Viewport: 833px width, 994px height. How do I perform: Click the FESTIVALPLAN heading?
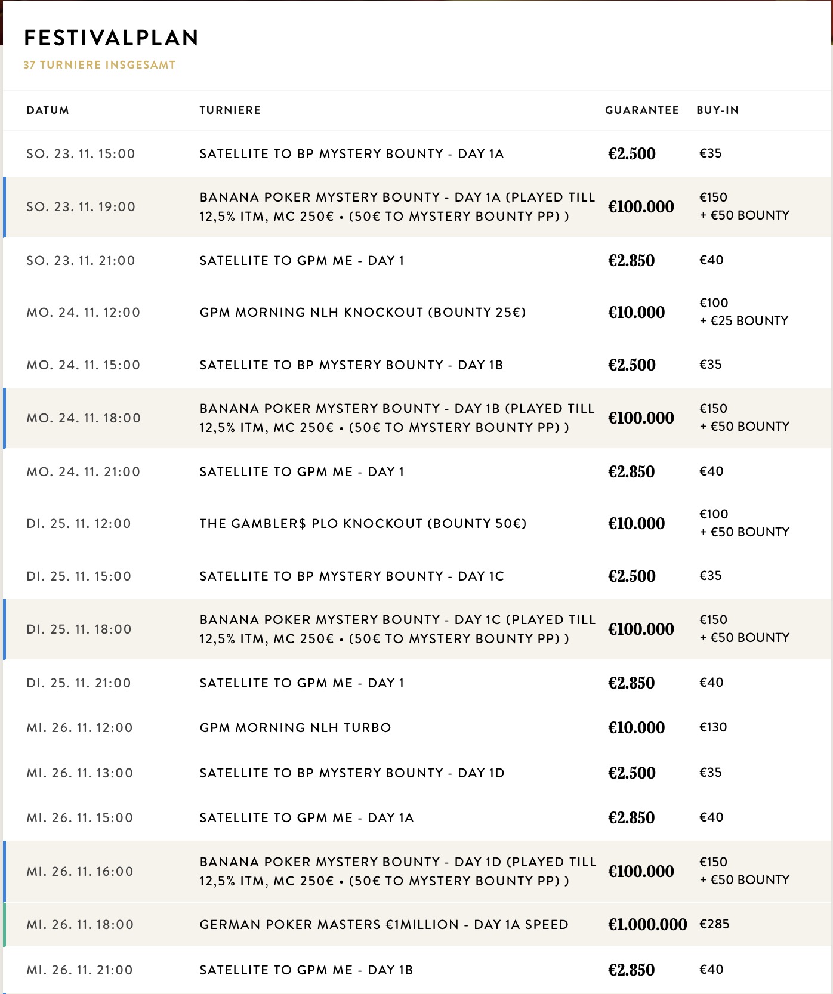click(111, 38)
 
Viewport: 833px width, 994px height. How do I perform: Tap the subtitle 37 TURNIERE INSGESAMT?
click(100, 65)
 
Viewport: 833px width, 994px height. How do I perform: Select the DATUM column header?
click(48, 110)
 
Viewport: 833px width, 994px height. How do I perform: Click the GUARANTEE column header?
click(642, 110)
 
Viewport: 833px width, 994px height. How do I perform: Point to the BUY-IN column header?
click(717, 110)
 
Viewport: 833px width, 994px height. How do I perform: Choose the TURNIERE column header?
click(230, 110)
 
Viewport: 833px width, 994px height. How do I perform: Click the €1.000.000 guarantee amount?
click(647, 924)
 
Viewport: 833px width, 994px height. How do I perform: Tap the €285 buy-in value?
click(714, 924)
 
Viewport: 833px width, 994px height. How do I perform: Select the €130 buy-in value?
click(713, 727)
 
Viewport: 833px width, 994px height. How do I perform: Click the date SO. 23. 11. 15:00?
click(81, 154)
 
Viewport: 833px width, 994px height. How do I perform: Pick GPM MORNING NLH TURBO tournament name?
click(295, 728)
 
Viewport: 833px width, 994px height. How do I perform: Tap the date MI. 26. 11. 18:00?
click(80, 925)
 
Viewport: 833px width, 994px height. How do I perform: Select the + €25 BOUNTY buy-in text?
click(744, 321)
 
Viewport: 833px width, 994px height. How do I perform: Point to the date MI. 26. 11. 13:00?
click(80, 773)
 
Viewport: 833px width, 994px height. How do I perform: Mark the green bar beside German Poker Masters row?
click(4, 924)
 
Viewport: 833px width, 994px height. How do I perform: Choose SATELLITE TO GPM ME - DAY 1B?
click(306, 970)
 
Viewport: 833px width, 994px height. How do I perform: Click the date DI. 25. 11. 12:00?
click(79, 524)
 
